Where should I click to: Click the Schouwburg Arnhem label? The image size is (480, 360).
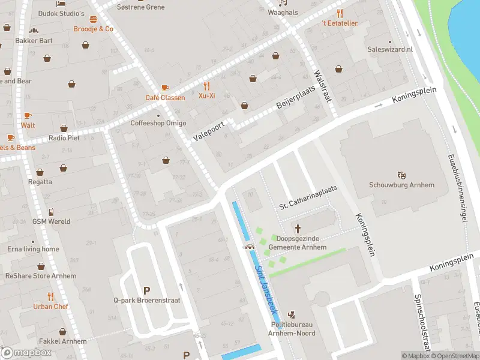click(x=401, y=185)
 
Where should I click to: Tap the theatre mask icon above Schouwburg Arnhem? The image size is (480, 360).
click(x=401, y=174)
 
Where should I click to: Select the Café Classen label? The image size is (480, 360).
click(x=165, y=97)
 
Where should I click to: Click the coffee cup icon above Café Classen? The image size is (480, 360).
click(x=165, y=87)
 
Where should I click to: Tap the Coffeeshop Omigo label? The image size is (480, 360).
click(x=158, y=124)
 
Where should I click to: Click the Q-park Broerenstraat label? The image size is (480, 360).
click(x=146, y=301)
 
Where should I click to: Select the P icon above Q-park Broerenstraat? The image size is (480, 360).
click(x=146, y=290)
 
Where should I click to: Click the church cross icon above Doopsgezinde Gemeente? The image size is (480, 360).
click(x=298, y=229)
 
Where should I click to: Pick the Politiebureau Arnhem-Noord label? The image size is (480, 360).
click(x=292, y=329)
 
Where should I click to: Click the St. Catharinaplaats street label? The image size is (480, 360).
click(x=308, y=197)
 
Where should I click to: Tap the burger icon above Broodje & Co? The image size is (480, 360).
click(x=93, y=19)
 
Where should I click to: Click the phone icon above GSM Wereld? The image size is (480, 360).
click(x=52, y=212)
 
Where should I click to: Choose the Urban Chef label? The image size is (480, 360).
click(x=51, y=307)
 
